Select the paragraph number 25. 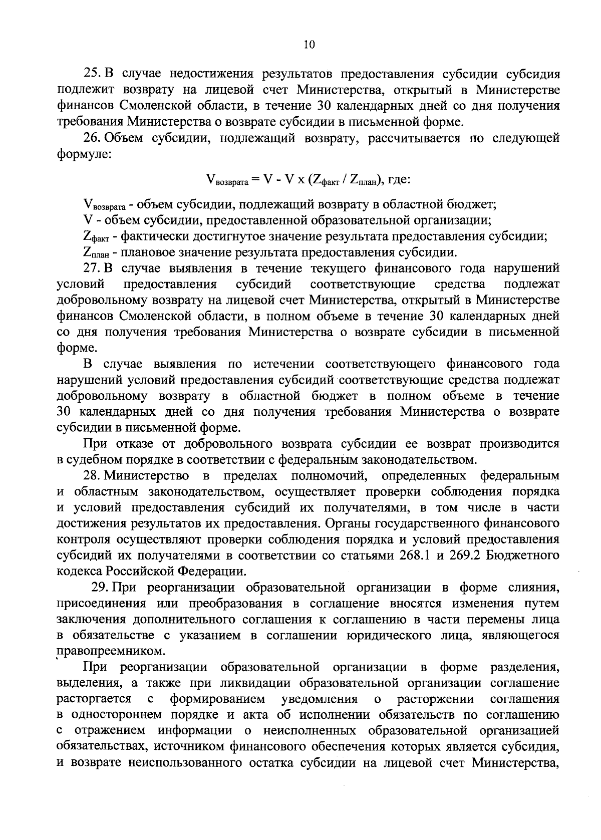(x=93, y=74)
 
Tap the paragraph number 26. (x=93, y=138)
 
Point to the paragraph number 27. (x=93, y=268)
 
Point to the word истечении (x=284, y=364)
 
